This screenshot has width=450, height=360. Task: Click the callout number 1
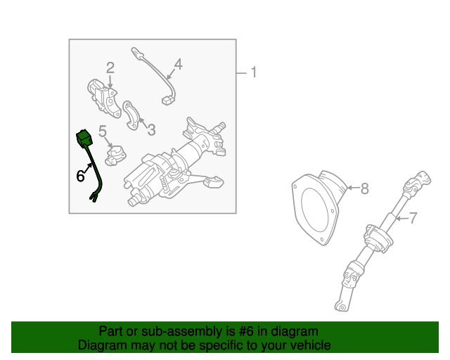(253, 72)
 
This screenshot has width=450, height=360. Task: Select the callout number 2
(110, 68)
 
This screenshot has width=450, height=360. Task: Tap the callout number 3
(151, 130)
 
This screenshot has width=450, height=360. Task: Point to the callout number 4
(178, 64)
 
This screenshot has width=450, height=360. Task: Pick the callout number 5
(103, 131)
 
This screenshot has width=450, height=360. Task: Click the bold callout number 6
(80, 176)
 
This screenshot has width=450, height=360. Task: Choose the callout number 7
(413, 218)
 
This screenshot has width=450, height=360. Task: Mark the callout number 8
(364, 188)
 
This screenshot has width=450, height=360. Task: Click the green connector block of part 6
(84, 139)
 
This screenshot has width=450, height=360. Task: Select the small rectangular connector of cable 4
(167, 100)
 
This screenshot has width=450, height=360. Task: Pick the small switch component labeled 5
(115, 155)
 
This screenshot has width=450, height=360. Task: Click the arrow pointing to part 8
(353, 188)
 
